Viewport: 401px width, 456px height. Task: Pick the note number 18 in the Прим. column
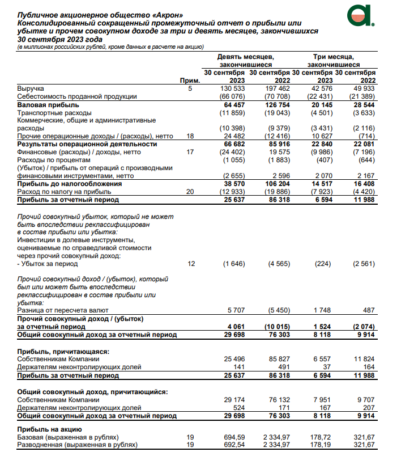(190, 136)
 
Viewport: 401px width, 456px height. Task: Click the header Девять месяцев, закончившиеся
(246, 61)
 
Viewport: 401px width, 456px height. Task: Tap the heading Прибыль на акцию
(50, 429)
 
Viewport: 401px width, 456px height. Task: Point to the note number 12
(190, 264)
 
